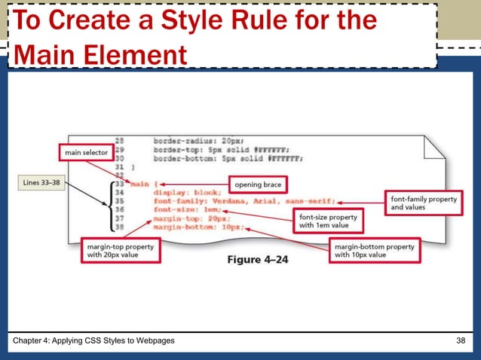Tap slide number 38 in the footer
[x=461, y=341]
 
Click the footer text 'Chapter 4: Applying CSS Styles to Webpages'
[x=95, y=341]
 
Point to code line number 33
[x=118, y=183]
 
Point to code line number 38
[x=118, y=226]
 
